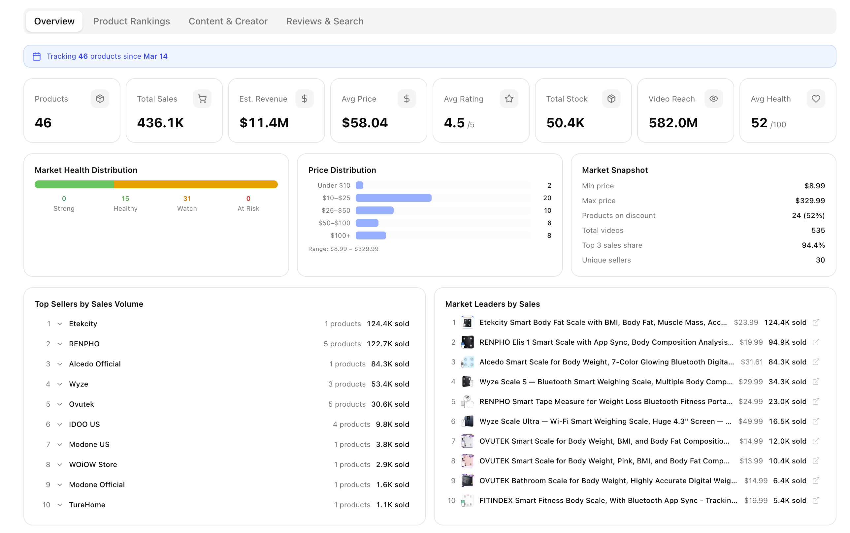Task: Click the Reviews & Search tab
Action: click(x=324, y=21)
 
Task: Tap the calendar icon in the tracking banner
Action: click(x=37, y=56)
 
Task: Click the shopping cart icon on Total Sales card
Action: click(x=202, y=99)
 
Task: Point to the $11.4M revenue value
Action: click(x=264, y=123)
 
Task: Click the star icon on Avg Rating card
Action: click(x=509, y=99)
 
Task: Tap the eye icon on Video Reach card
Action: click(x=713, y=99)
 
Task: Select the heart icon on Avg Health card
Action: click(x=815, y=99)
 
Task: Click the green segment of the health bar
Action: click(x=74, y=184)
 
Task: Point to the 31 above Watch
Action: click(x=187, y=199)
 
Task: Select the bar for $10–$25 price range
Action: click(x=393, y=198)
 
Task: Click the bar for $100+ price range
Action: click(x=371, y=235)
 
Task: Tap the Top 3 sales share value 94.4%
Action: click(x=813, y=245)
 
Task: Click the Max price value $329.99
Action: click(x=809, y=201)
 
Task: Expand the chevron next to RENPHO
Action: click(x=60, y=344)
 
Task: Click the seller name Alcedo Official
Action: click(x=94, y=364)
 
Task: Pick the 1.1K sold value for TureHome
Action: click(x=392, y=504)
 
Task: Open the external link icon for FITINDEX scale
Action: click(x=815, y=500)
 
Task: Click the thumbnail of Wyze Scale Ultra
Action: click(x=467, y=421)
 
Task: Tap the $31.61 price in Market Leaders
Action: click(x=751, y=362)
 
